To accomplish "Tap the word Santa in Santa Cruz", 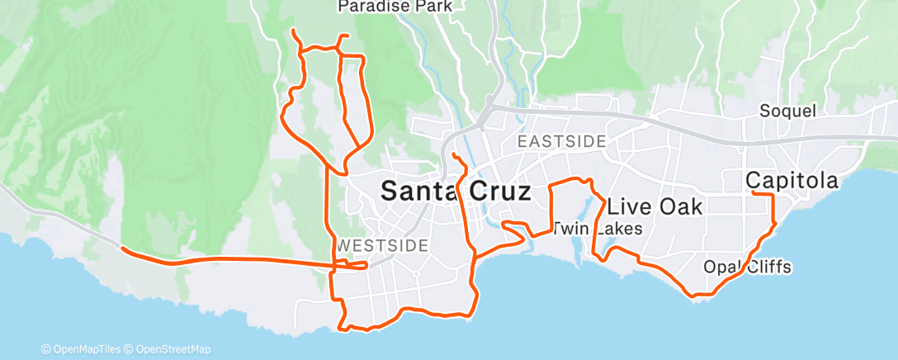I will coord(419,192).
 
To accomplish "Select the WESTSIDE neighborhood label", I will coord(383,245).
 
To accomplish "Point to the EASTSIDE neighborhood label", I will coord(562,141).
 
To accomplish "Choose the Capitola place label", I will coord(792,180).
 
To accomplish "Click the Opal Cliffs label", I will coord(747,267).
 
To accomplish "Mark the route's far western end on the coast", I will coord(122,248).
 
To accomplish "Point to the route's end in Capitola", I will coord(754,193).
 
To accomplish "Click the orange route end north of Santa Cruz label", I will coord(454,154).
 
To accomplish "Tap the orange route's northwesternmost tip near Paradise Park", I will coord(295,31).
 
